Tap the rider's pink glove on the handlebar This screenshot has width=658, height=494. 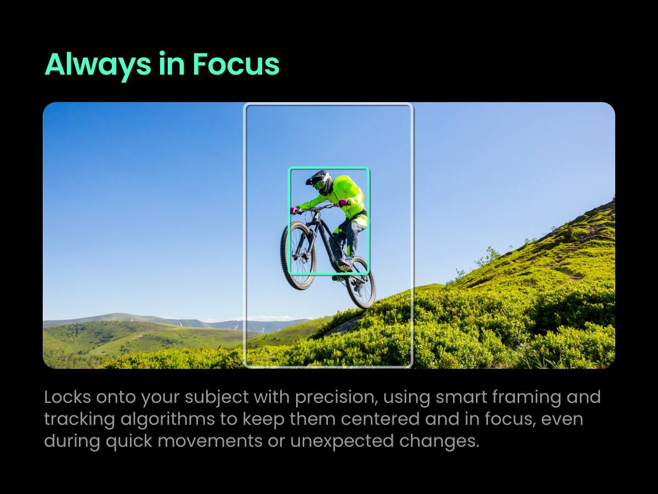pyautogui.click(x=295, y=210)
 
